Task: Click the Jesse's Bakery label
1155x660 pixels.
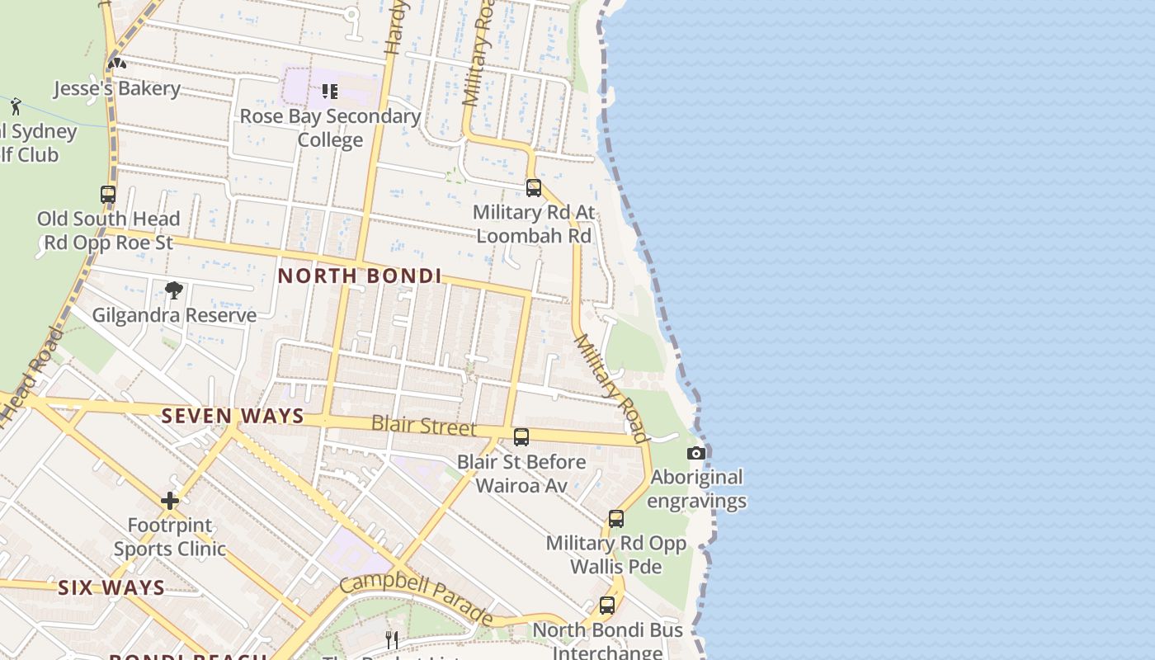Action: tap(116, 88)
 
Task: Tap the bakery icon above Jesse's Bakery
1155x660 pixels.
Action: tap(116, 63)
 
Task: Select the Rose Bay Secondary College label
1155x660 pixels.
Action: tap(330, 128)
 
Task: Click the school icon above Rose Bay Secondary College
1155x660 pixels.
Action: tap(330, 91)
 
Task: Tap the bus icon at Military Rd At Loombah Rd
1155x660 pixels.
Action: tap(534, 188)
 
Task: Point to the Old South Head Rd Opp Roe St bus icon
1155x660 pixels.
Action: tap(108, 195)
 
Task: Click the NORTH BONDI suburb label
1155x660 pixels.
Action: tap(360, 276)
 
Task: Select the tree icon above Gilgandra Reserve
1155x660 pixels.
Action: tap(173, 290)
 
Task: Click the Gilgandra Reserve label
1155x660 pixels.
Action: tap(174, 315)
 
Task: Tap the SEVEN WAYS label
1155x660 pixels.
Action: tap(233, 417)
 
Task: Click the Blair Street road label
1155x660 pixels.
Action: tap(423, 426)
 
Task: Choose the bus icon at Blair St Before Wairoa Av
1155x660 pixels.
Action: tap(521, 437)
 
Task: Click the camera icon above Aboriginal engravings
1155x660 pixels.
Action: tap(696, 453)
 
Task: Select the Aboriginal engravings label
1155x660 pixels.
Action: tap(697, 489)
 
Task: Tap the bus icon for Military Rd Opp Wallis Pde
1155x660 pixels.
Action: tap(616, 519)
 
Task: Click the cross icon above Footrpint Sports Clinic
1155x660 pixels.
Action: tap(170, 501)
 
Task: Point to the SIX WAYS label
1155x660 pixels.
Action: tap(111, 588)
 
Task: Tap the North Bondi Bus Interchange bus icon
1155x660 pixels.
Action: tap(607, 606)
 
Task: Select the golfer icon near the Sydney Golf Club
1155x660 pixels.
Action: tap(16, 106)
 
